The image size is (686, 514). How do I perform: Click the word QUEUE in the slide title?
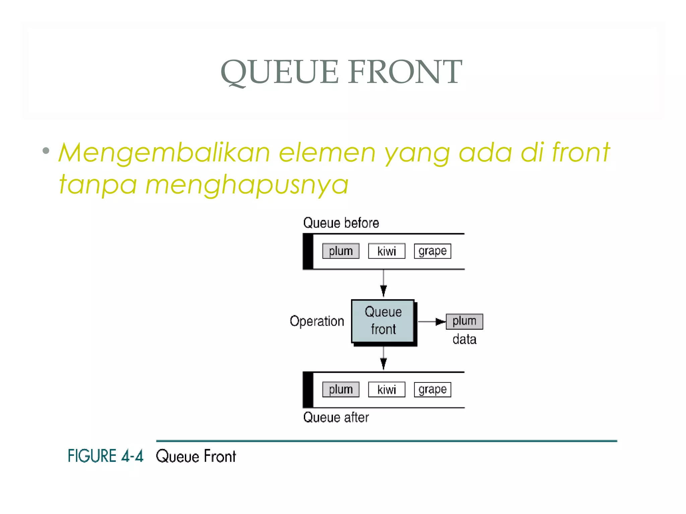point(280,72)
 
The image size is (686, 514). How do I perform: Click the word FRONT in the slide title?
point(405,72)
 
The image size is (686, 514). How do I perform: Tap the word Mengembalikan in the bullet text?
point(164,153)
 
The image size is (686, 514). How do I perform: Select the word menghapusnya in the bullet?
point(247,185)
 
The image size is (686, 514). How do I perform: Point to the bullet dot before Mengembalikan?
point(46,151)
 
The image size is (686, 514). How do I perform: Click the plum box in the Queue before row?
point(341,251)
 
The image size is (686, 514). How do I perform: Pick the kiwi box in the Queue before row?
point(387,251)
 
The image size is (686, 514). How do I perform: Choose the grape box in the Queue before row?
point(432,251)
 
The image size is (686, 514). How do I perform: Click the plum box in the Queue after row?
point(341,390)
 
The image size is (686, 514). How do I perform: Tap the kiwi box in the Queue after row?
point(387,390)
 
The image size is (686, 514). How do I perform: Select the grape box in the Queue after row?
point(432,390)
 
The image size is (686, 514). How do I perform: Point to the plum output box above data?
point(464,321)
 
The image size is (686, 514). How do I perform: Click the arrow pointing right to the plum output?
point(432,322)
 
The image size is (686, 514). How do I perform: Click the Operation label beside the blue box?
point(317,321)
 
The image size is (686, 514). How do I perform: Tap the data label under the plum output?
point(464,339)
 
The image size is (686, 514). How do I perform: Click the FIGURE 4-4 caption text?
point(106,456)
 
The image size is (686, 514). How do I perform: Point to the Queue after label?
point(336,418)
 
